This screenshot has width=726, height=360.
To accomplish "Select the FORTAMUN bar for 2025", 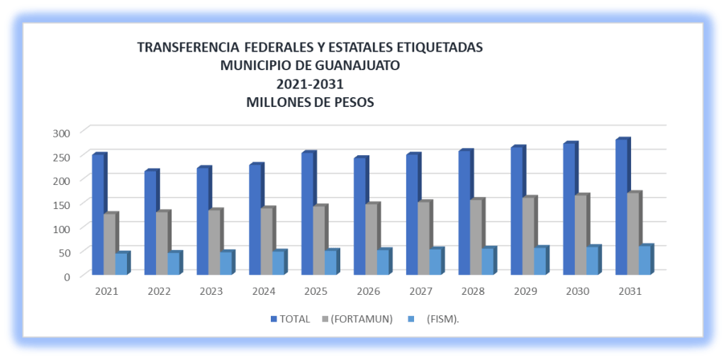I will click(319, 240).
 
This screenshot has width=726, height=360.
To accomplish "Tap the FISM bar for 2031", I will click(644, 261).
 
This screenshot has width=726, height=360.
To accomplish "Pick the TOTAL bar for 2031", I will click(621, 207).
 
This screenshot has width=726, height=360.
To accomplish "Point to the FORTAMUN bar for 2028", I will click(476, 237).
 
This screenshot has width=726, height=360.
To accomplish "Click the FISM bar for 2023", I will click(225, 263).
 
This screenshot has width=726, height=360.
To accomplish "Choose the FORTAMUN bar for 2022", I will click(162, 243).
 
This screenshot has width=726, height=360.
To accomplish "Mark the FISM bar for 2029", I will click(540, 261).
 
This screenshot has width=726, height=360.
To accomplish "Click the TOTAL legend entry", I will click(291, 319).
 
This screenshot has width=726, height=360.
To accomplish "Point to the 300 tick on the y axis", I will click(62, 133).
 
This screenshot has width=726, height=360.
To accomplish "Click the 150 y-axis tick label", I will click(62, 204).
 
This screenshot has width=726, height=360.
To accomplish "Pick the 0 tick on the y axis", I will click(67, 276).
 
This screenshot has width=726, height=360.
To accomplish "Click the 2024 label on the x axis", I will click(263, 291).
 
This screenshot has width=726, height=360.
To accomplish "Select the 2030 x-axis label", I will click(576, 291).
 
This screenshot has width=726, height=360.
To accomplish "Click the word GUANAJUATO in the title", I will click(348, 65).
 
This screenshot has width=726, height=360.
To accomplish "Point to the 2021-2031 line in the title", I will click(310, 84).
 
